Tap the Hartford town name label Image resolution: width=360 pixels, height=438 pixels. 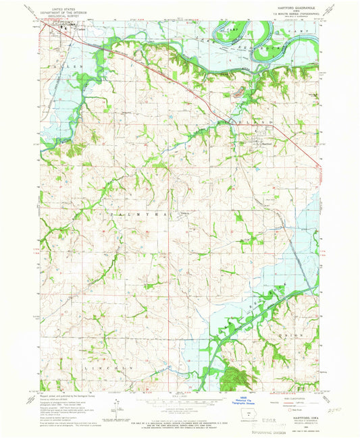click(267, 142)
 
